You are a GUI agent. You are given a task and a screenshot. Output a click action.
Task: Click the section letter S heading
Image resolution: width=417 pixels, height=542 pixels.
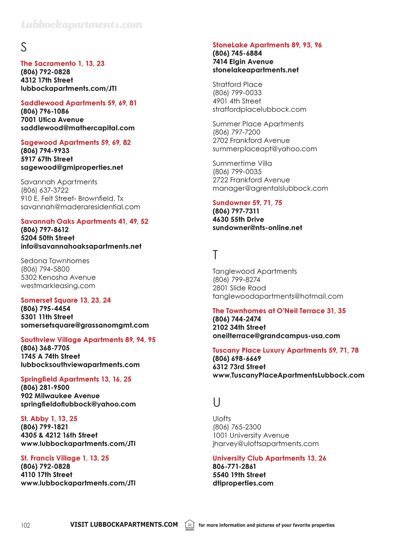coord(24,47)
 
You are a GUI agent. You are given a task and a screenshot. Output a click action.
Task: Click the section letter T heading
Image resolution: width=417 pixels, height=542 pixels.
coord(215,255)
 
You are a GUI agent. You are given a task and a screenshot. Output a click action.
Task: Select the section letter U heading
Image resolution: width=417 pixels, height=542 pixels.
coord(217,403)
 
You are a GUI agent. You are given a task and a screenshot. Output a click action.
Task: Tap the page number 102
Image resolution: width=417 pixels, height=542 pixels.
coord(26,525)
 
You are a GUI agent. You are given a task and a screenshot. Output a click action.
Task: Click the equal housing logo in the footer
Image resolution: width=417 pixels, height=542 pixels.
coord(190,525)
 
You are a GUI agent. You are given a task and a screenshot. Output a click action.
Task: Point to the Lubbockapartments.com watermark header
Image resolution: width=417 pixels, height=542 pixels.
coord(82,25)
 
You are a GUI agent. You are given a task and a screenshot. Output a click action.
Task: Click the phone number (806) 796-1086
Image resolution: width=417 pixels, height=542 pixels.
coord(45,111)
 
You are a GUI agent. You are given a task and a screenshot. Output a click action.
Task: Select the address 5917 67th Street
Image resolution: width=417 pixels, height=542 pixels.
coord(47,159)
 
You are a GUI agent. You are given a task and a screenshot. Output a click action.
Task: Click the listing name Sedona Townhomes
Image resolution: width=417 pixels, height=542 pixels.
coord(55,261)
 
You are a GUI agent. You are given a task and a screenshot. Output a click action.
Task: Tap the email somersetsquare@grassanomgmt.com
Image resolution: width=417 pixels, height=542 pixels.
coord(85,325)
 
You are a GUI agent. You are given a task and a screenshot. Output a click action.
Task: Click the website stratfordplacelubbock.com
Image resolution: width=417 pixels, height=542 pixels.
coord(259,109)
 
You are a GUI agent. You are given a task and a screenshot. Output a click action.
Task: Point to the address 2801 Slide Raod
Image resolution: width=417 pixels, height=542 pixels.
coord(239,288)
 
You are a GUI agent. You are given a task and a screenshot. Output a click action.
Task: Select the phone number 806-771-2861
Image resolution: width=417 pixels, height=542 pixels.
coord(234,467)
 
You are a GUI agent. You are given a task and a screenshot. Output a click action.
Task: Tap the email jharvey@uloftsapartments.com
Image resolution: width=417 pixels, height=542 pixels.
coord(266,443)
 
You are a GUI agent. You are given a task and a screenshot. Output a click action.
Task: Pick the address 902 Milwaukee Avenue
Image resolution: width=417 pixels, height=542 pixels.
coord(60,396)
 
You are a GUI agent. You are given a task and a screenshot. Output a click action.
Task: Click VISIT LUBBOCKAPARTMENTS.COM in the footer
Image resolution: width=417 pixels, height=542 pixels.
coord(124,524)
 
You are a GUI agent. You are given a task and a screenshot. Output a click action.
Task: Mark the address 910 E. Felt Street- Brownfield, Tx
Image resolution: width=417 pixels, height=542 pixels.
coord(72,198)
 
